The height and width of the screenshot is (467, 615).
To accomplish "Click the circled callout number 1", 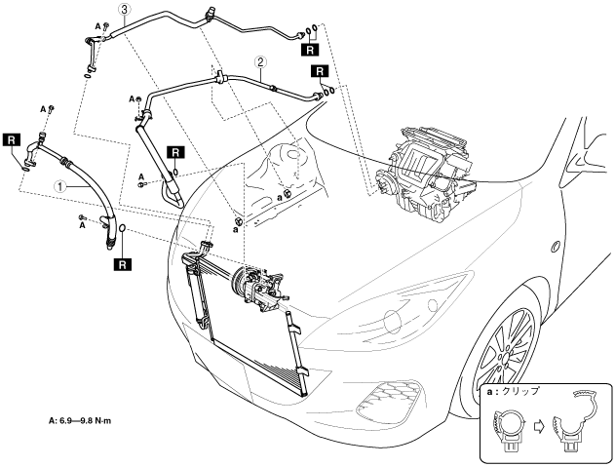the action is tap(60, 187).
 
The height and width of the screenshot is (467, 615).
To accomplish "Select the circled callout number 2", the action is tap(261, 61).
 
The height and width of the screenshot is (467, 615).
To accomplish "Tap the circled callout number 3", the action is tap(124, 10).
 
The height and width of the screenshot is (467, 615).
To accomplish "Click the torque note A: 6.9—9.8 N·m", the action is tap(80, 421).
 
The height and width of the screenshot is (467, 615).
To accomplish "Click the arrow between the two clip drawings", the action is tap(539, 427).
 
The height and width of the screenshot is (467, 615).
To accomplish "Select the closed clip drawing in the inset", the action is tap(508, 429).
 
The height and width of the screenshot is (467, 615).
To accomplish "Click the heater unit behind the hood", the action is tap(424, 172).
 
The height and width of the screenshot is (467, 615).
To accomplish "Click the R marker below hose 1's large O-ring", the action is tap(123, 264).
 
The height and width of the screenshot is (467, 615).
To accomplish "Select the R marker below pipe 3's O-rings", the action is tap(310, 50).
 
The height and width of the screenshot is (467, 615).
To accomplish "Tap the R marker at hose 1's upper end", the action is tap(12, 140).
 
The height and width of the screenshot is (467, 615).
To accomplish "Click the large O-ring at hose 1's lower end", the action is tap(123, 227).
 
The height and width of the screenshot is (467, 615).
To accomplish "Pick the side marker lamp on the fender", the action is tap(556, 246).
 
